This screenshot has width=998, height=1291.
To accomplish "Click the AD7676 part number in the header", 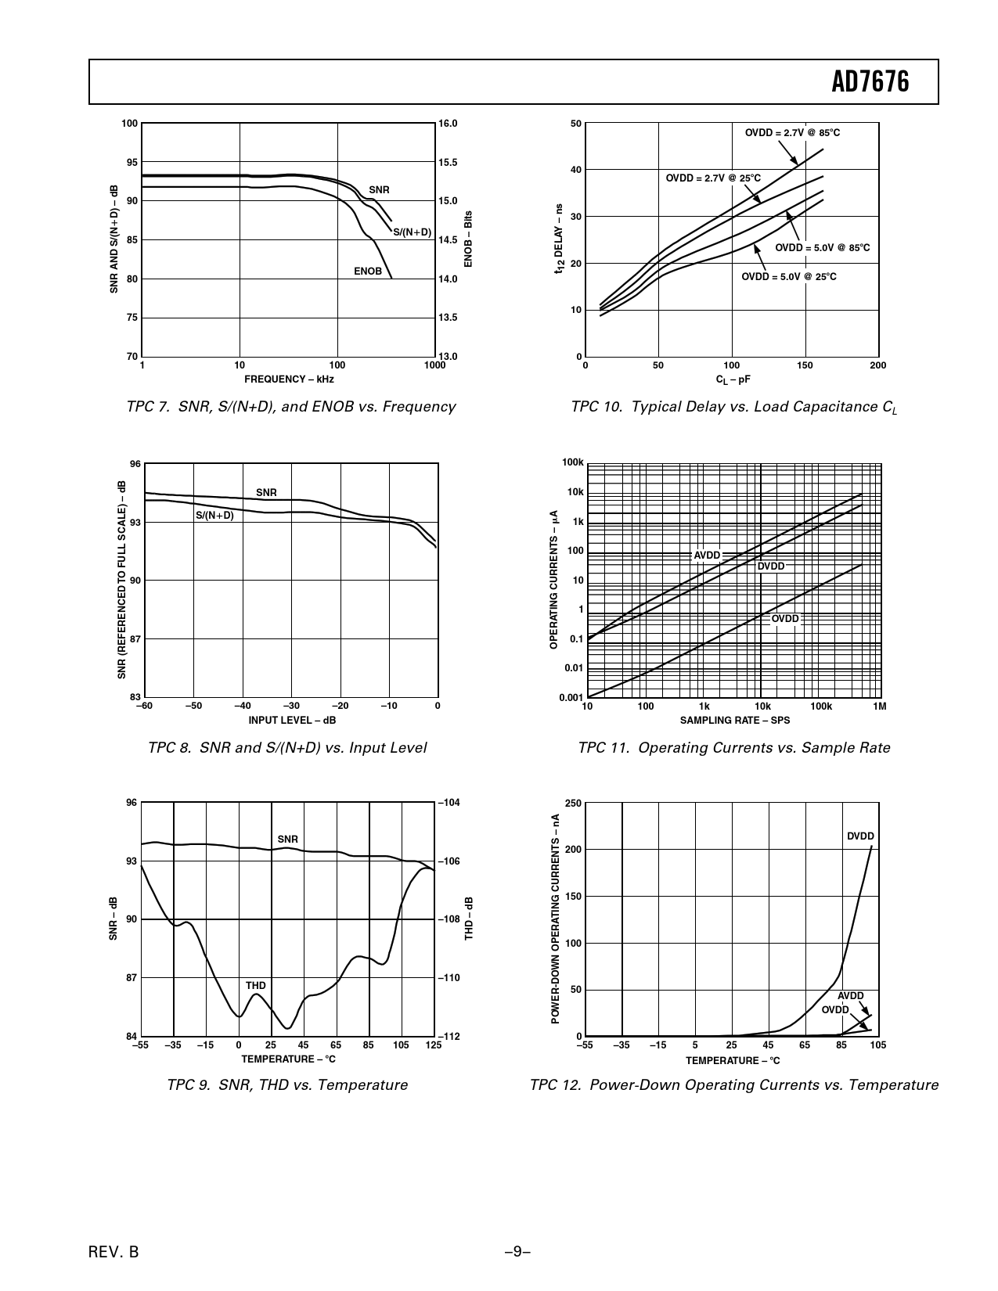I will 870,81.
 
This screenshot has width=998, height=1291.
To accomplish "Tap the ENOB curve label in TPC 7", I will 367,272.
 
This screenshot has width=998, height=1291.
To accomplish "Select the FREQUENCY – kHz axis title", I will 289,379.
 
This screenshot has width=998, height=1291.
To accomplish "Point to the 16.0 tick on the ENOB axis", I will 448,124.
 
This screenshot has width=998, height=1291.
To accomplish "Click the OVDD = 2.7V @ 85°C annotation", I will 792,133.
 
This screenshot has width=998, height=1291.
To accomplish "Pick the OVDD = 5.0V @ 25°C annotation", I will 789,276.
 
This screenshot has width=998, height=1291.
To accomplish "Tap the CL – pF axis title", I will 733,379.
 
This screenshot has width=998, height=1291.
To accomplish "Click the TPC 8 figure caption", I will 287,748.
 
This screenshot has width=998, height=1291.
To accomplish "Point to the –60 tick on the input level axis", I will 144,707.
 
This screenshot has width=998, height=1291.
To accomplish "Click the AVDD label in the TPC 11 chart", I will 707,555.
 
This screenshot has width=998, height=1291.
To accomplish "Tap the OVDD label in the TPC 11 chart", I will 785,619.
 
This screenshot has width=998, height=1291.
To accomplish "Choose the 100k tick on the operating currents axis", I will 573,463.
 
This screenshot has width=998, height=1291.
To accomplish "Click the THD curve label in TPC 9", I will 256,986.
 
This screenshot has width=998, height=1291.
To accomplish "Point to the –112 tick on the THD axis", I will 449,1037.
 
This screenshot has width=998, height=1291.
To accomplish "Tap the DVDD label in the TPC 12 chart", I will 860,836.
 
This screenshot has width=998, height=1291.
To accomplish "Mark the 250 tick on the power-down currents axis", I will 572,804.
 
